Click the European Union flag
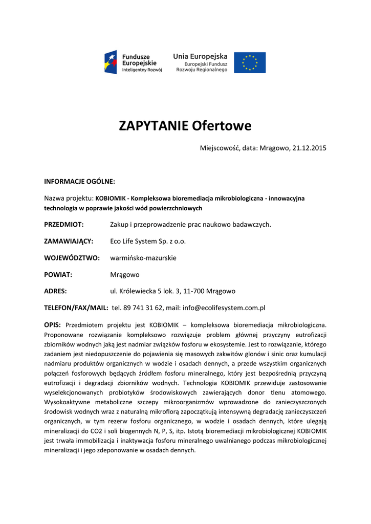coord(250,62)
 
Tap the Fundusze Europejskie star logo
coord(112,62)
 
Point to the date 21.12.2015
coord(309,148)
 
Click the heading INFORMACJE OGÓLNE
coord(79,181)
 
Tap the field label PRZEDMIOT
coord(64,224)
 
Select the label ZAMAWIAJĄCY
coord(69,241)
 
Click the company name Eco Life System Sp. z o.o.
coord(148,241)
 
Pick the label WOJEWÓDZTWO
coord(72,258)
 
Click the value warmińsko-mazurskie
coord(143,258)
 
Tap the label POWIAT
coord(58,274)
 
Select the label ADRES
coord(56,291)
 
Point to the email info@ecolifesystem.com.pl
coord(226,308)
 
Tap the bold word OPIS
coord(53,324)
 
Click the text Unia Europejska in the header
coord(200,55)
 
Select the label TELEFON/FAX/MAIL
coord(76,308)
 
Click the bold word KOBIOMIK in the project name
coord(111,198)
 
